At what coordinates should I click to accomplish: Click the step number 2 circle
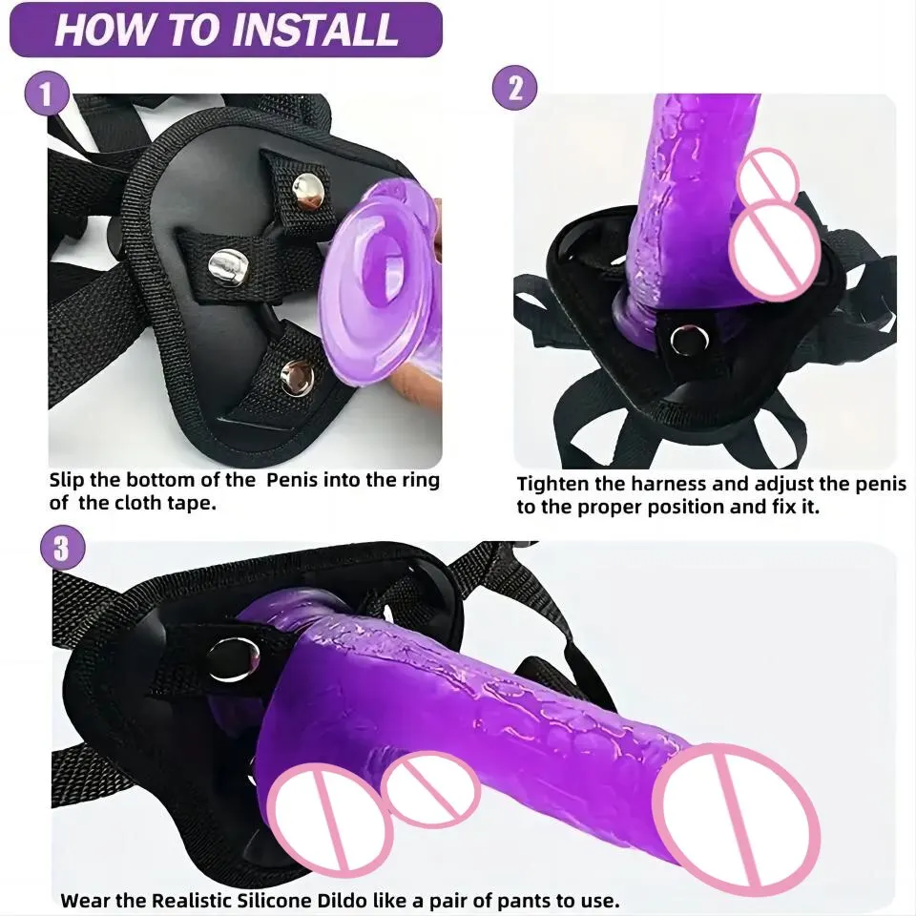(x=515, y=89)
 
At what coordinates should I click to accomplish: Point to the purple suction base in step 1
(x=367, y=286)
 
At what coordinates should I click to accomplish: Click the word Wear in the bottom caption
(x=83, y=899)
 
